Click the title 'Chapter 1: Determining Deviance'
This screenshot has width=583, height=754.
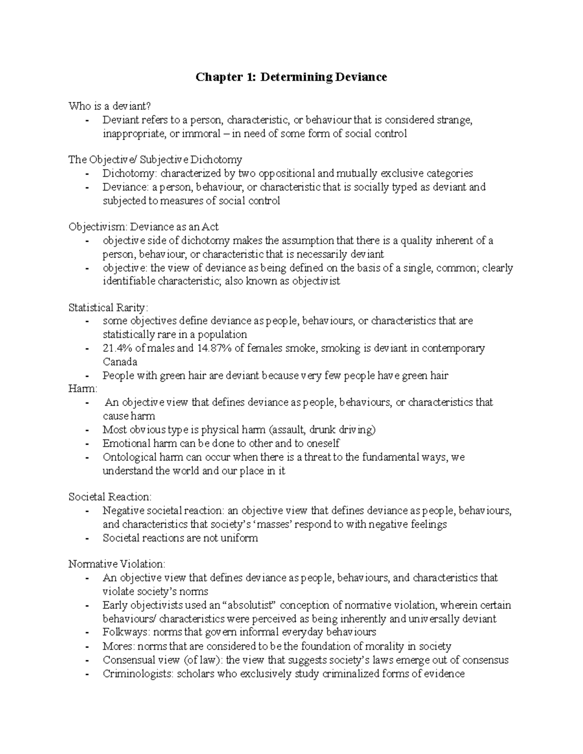point(291,77)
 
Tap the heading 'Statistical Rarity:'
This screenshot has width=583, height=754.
point(108,307)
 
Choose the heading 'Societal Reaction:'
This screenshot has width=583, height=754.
point(110,497)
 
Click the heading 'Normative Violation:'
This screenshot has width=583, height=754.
point(117,564)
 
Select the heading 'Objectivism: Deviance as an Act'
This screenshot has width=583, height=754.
point(143,227)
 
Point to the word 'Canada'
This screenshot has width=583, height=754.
point(120,362)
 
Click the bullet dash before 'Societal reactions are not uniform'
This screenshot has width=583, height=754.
point(86,538)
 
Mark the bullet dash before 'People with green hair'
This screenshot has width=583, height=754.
point(86,376)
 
